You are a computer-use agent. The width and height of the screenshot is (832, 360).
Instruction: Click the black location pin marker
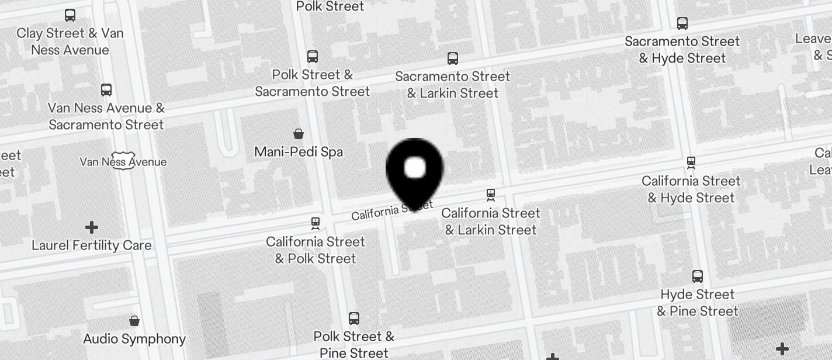(415, 171)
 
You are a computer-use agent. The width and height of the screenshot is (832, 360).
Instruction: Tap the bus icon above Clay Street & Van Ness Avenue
(70, 15)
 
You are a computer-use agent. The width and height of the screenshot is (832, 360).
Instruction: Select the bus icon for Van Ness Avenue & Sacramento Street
(106, 90)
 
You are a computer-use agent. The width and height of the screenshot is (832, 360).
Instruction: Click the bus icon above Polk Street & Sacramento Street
(313, 57)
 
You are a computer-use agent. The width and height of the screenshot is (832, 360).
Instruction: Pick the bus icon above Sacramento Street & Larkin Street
(453, 58)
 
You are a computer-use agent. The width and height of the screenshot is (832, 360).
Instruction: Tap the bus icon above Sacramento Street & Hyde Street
(682, 23)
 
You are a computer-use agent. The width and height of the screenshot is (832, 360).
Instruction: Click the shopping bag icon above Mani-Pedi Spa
(299, 134)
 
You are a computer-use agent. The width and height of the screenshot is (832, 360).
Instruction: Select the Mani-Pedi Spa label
(299, 152)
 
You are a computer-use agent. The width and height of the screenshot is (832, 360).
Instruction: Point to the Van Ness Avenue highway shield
(123, 162)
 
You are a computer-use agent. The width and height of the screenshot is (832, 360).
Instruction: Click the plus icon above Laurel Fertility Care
(92, 227)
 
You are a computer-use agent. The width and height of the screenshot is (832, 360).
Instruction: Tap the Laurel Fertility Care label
(92, 245)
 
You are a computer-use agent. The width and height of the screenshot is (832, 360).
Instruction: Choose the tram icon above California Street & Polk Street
(316, 223)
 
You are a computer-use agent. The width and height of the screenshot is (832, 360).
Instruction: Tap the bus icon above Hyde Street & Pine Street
(698, 276)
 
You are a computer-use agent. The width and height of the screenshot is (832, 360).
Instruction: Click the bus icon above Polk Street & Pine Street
(354, 319)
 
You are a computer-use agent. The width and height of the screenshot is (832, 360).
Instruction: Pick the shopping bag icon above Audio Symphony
(134, 321)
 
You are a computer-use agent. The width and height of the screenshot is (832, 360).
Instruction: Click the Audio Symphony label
(134, 339)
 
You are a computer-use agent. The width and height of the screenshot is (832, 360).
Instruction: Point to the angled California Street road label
(392, 210)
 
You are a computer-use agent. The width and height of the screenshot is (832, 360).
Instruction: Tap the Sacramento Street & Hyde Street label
(682, 50)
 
